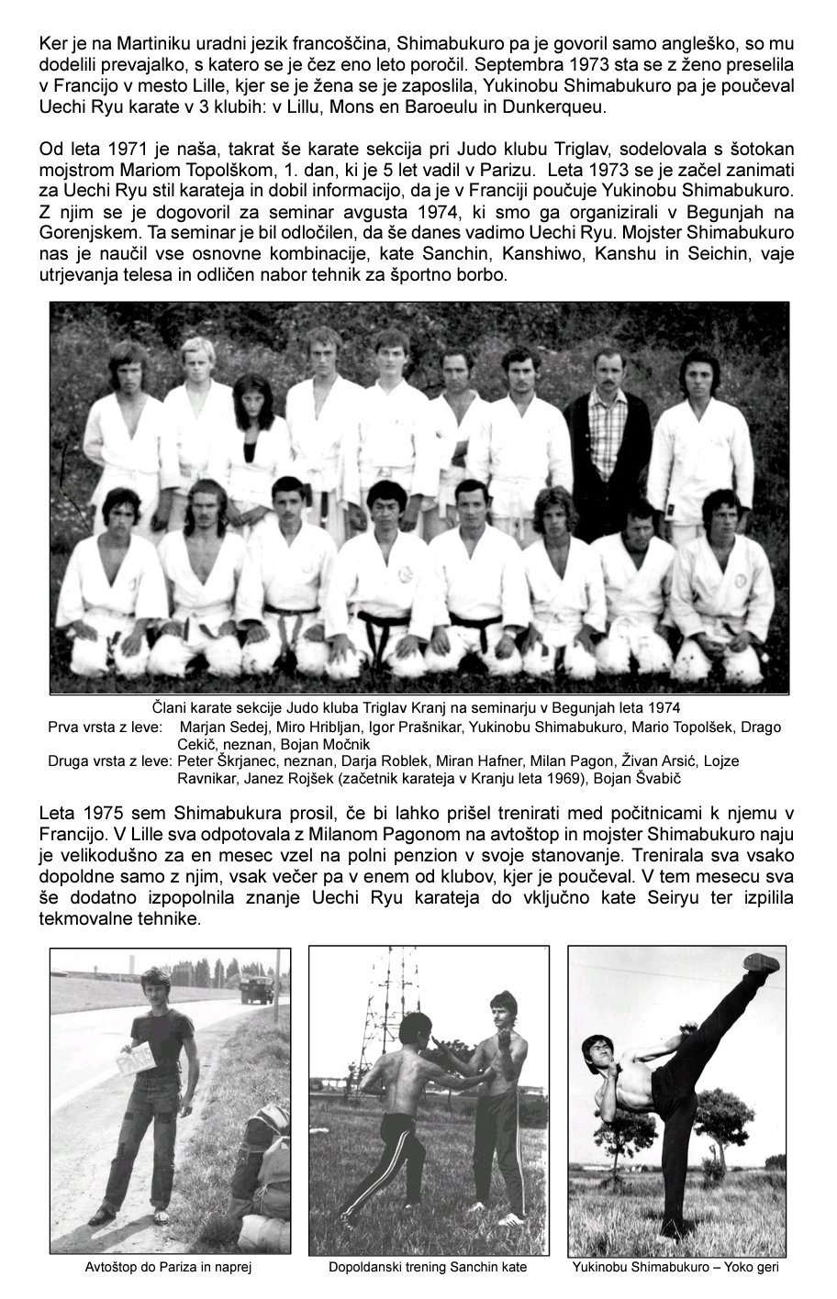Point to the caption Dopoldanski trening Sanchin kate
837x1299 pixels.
[428, 1268]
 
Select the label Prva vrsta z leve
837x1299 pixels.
[104, 727]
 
